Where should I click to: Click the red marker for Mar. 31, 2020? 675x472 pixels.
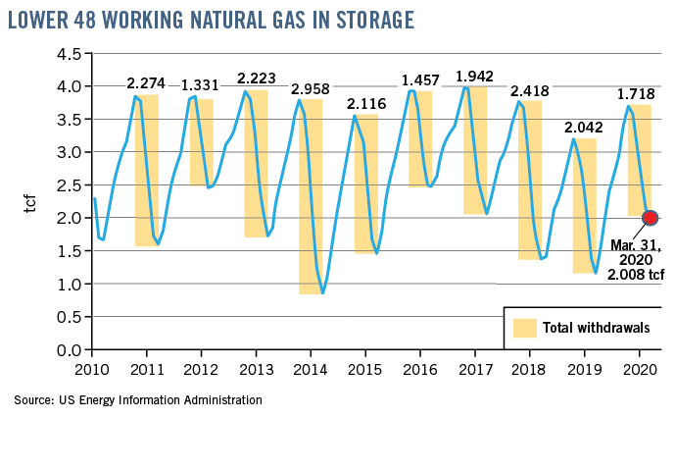click(x=649, y=217)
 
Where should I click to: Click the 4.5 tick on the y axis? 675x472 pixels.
click(x=68, y=54)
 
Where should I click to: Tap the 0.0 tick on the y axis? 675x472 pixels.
click(x=68, y=350)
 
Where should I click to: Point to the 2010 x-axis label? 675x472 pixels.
click(x=92, y=371)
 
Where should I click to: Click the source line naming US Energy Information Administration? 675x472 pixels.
click(x=138, y=400)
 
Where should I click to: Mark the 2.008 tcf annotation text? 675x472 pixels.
click(x=634, y=276)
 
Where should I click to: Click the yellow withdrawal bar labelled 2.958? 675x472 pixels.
click(x=311, y=196)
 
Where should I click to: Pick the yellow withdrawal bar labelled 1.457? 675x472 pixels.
click(x=420, y=138)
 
